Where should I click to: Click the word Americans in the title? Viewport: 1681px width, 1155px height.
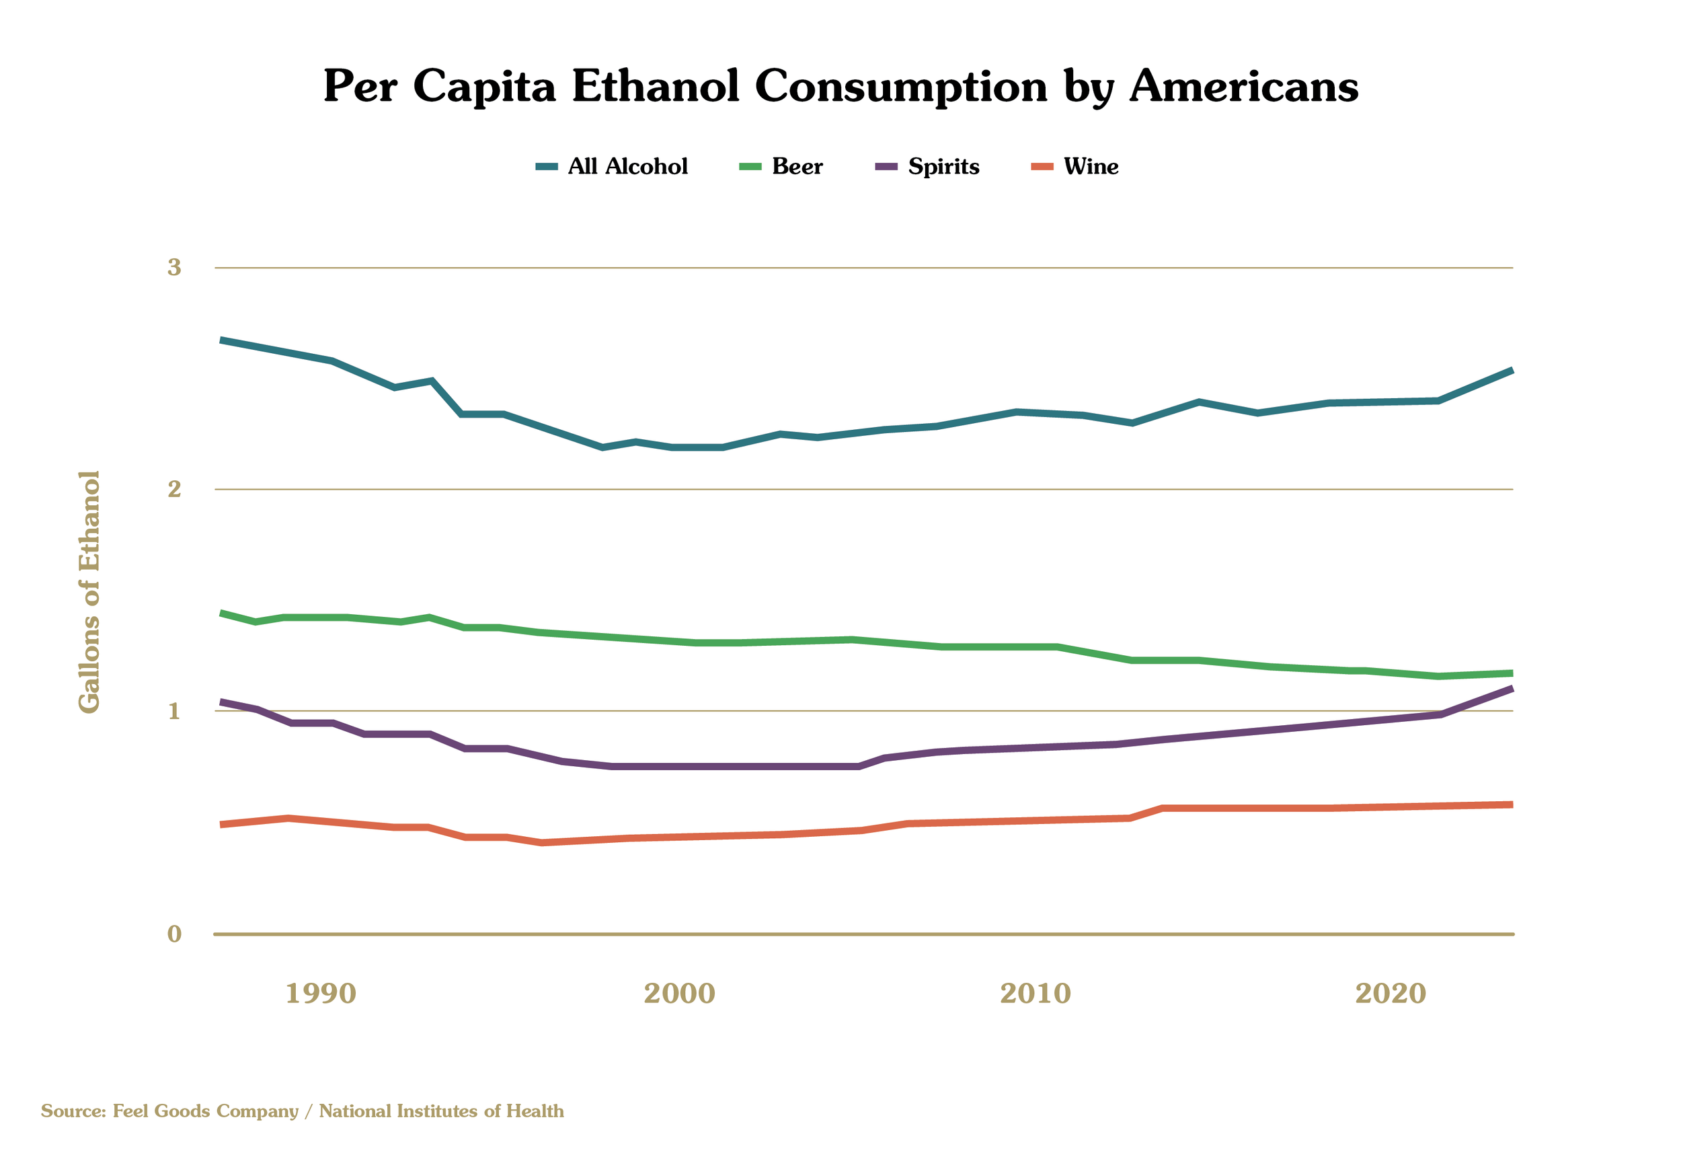(x=1243, y=87)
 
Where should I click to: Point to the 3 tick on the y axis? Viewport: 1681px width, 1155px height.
(x=174, y=268)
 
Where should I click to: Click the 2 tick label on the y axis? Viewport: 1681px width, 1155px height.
(x=174, y=489)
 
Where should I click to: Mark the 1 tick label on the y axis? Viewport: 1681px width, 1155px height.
(x=174, y=712)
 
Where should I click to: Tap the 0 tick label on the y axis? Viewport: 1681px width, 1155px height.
(x=174, y=934)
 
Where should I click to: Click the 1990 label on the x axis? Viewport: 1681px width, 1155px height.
(x=321, y=994)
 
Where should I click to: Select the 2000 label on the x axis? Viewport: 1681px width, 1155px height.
(x=679, y=994)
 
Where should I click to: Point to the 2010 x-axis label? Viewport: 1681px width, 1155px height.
(x=1035, y=994)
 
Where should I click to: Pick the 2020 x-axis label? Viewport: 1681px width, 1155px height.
(x=1391, y=994)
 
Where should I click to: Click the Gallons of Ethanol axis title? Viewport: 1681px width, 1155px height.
(x=89, y=591)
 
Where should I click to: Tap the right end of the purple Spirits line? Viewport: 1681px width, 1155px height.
(x=1511, y=688)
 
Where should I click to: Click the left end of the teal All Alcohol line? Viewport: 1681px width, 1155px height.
(x=221, y=340)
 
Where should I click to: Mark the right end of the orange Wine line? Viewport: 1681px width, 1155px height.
(x=1511, y=805)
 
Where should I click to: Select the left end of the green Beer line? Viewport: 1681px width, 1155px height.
(x=221, y=613)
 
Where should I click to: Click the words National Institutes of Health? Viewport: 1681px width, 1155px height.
(x=441, y=1111)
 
